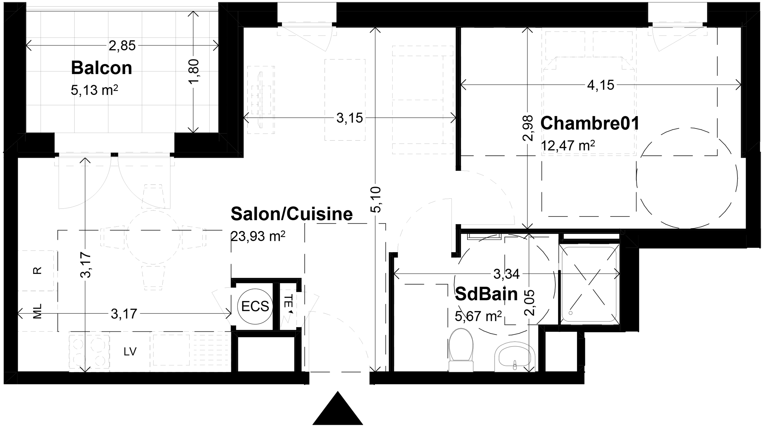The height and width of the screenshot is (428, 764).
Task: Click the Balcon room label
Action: (x=101, y=68)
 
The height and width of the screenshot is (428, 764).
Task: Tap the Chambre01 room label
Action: (x=590, y=123)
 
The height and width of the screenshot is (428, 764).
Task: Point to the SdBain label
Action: (x=486, y=294)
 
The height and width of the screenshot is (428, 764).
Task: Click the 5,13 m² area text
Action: (x=94, y=90)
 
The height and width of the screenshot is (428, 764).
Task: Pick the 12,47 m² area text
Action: (x=568, y=146)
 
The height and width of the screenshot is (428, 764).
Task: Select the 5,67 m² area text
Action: (x=478, y=316)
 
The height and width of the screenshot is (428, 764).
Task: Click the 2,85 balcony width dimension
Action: (x=122, y=46)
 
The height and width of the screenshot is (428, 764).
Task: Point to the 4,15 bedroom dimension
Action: (x=601, y=85)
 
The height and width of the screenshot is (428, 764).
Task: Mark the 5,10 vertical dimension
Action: (x=376, y=200)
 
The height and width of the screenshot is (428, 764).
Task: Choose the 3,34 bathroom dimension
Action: (x=506, y=274)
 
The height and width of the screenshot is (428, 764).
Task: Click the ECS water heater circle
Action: (x=255, y=306)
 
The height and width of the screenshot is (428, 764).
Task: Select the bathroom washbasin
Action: (x=515, y=357)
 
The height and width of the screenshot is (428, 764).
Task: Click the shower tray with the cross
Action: (x=589, y=284)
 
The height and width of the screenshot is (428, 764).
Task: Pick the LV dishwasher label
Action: (x=130, y=351)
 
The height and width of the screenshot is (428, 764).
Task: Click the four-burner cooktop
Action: (x=89, y=352)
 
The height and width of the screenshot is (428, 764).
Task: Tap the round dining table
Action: (x=153, y=237)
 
